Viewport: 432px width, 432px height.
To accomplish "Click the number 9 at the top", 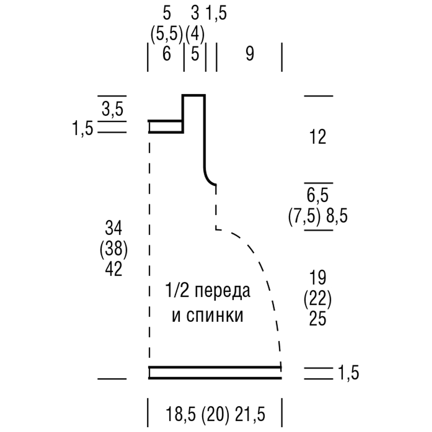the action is click(250, 54).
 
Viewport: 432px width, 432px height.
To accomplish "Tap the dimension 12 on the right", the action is click(318, 137).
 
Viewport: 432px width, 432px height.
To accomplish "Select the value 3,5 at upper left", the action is click(112, 109).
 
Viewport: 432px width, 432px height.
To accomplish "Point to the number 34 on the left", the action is click(114, 228).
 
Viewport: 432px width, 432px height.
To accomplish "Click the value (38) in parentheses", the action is click(114, 249).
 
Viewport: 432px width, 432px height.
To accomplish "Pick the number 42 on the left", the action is click(114, 269).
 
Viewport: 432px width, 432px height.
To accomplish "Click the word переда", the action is click(222, 291).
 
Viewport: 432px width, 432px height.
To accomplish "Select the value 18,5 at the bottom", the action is click(181, 414).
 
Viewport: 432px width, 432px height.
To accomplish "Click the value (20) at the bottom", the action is click(215, 415).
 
